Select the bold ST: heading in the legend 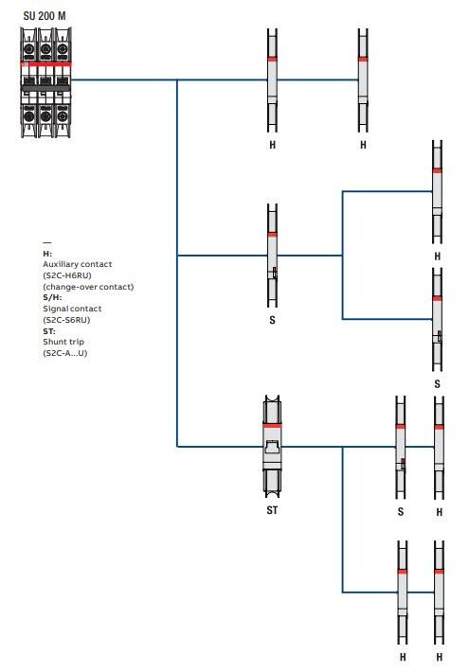[x=48, y=331]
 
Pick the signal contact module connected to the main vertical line [x=272, y=256]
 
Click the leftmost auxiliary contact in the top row [x=272, y=80]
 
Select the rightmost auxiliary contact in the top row [x=363, y=80]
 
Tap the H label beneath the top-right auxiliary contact [x=363, y=145]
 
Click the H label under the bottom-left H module [x=403, y=656]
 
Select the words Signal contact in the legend [x=72, y=309]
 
